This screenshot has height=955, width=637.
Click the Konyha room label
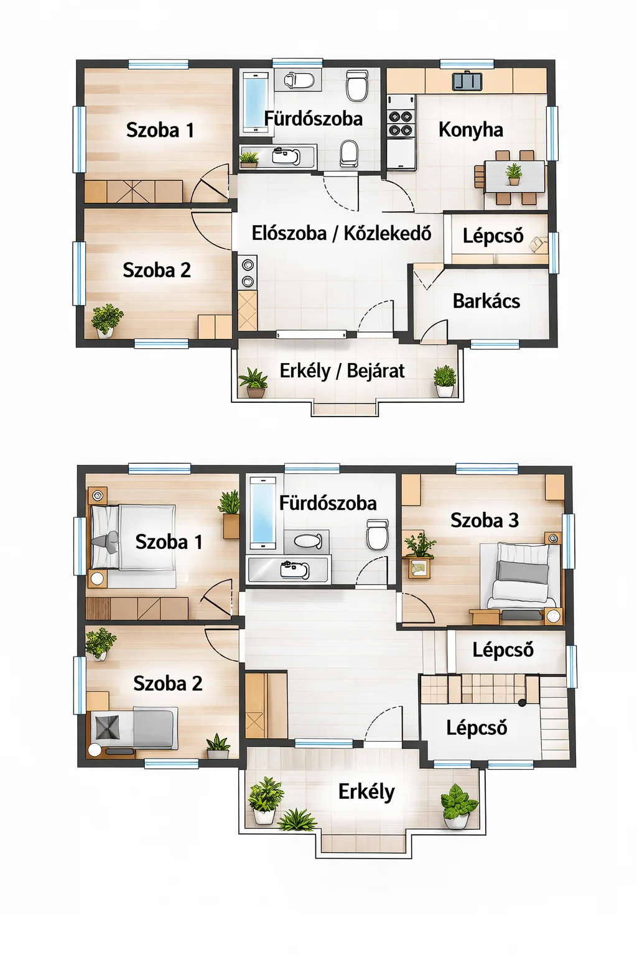(471, 129)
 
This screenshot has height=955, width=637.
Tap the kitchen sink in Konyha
(467, 81)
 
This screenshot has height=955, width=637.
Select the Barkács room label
(486, 301)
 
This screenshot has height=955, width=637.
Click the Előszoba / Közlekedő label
(342, 233)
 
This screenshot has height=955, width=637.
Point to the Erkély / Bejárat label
(342, 371)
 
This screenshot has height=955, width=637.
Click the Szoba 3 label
(484, 520)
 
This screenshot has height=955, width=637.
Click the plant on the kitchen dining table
(514, 174)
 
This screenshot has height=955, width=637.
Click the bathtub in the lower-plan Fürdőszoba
(263, 513)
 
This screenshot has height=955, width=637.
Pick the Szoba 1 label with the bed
(169, 542)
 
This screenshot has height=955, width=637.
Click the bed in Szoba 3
(522, 575)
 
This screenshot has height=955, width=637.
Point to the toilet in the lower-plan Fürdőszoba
(378, 534)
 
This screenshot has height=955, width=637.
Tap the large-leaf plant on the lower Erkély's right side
(458, 806)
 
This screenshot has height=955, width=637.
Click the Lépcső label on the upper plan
(493, 236)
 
